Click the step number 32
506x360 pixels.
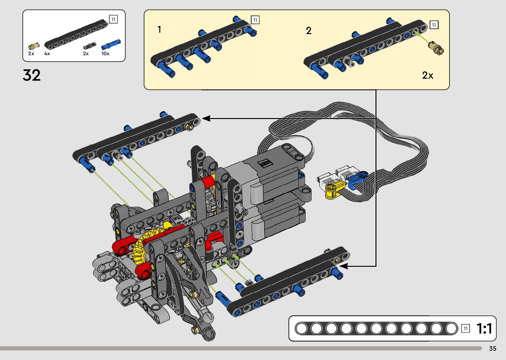pyautogui.click(x=32, y=75)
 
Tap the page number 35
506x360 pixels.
pyautogui.click(x=493, y=348)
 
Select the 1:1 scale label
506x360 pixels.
pyautogui.click(x=484, y=328)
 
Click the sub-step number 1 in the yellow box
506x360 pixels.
pyautogui.click(x=160, y=29)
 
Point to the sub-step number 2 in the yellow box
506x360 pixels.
pyautogui.click(x=309, y=30)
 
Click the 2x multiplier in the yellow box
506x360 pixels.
pyautogui.click(x=428, y=75)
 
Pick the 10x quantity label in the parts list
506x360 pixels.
pyautogui.click(x=105, y=54)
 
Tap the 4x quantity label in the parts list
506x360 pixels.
pyautogui.click(x=47, y=54)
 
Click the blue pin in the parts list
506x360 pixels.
pyautogui.click(x=111, y=44)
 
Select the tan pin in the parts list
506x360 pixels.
pyautogui.click(x=34, y=46)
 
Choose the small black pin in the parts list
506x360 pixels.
pyautogui.click(x=90, y=46)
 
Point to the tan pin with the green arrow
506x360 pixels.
pyautogui.click(x=436, y=48)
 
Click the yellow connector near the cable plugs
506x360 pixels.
pyautogui.click(x=335, y=189)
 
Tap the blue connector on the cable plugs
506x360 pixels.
pyautogui.click(x=357, y=179)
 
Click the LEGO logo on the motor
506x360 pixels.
pyautogui.click(x=265, y=163)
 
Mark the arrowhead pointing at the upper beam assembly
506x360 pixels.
pyautogui.click(x=206, y=118)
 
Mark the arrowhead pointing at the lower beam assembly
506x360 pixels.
pyautogui.click(x=344, y=266)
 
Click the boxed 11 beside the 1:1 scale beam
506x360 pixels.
pyautogui.click(x=466, y=328)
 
